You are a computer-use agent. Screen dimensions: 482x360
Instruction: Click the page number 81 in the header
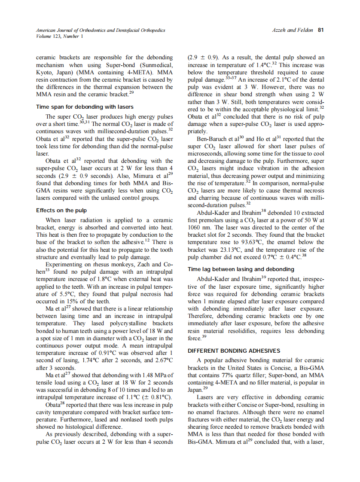pyautogui.click(x=320, y=30)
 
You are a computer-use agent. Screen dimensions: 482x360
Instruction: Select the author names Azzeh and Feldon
pyautogui.click(x=292, y=30)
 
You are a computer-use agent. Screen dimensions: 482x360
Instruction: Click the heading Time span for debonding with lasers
pyautogui.click(x=85, y=107)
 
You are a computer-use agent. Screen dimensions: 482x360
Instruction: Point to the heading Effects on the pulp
pyautogui.click(x=61, y=210)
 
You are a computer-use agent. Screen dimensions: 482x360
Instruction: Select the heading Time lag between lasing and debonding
pyautogui.click(x=241, y=269)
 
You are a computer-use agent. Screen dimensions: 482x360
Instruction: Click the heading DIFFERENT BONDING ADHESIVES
pyautogui.click(x=234, y=351)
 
